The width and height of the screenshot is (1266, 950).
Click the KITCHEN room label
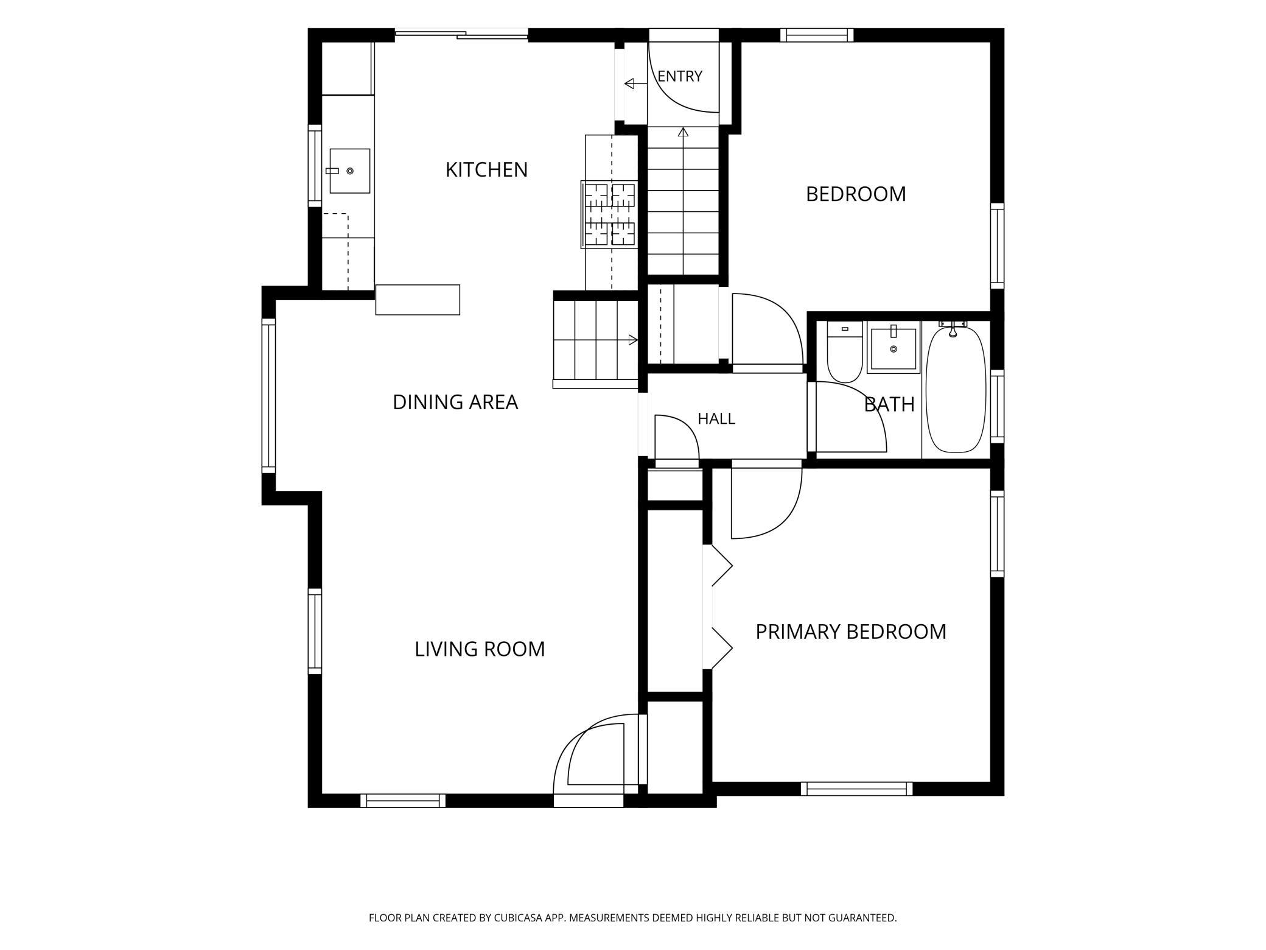[486, 170]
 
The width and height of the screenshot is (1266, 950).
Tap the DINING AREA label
[455, 403]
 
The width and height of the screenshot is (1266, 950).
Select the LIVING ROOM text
[480, 649]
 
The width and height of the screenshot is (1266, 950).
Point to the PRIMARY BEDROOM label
[851, 632]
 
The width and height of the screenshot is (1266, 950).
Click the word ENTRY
[680, 76]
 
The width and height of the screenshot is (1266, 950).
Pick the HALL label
[716, 419]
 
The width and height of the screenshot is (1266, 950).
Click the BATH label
[889, 404]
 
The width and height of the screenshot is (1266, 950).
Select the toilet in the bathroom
[845, 352]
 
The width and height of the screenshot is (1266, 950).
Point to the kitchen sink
[350, 171]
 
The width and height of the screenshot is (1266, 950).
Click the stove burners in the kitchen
[610, 215]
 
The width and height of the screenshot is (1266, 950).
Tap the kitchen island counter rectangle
[418, 300]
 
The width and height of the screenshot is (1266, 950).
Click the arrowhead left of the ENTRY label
[630, 83]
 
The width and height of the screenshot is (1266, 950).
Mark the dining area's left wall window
[268, 396]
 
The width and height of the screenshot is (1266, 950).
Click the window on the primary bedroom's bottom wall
[857, 789]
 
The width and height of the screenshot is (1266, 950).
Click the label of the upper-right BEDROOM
[856, 194]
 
